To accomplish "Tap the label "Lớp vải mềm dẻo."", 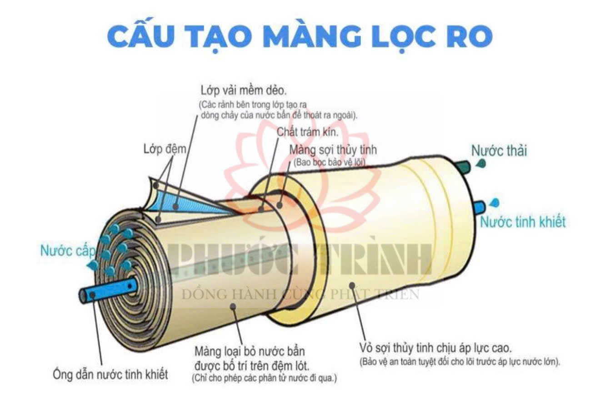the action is [x=244, y=91].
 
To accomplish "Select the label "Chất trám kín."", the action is [x=307, y=132].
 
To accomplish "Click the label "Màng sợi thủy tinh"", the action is [x=333, y=150].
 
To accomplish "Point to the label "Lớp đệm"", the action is [x=165, y=149].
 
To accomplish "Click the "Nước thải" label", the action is [x=499, y=151].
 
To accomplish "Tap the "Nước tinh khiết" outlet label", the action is [x=523, y=222].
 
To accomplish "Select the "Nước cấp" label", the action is [x=68, y=251].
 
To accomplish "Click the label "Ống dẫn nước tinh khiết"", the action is [x=110, y=374].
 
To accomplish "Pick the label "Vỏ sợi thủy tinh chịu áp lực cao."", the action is [x=435, y=348].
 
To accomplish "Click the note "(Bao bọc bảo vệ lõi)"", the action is [x=330, y=162].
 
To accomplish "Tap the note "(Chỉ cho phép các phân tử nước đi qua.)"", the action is [x=264, y=378].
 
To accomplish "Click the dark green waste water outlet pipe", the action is [x=463, y=167].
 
